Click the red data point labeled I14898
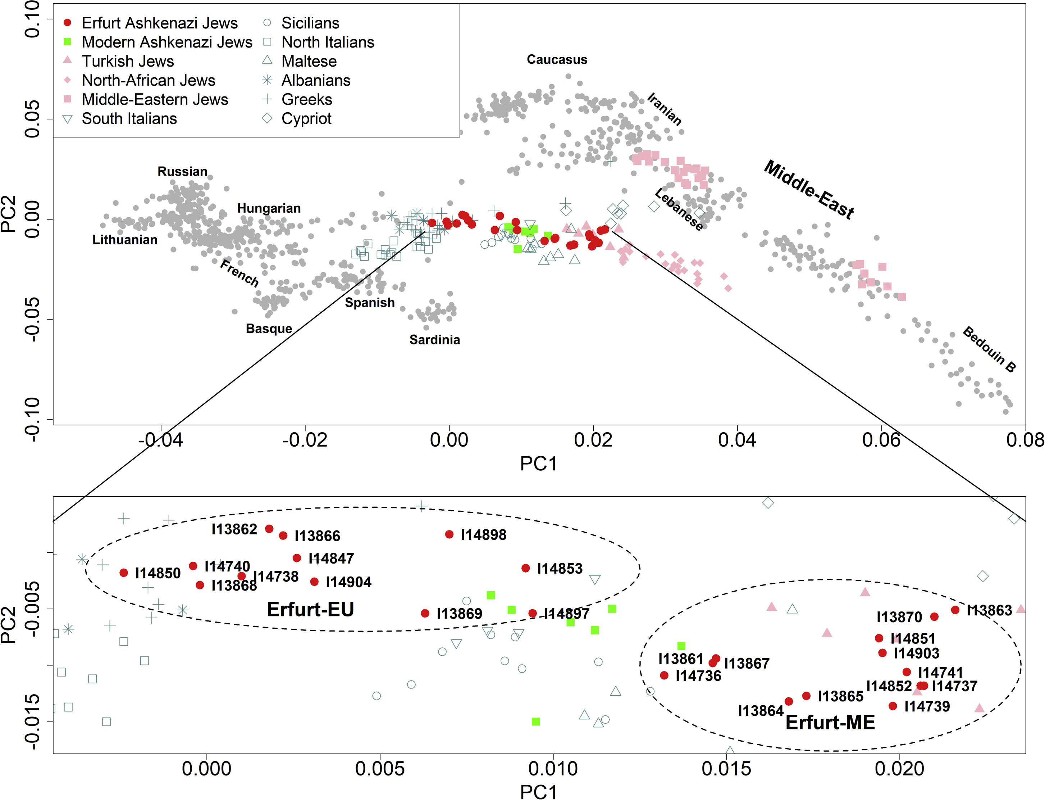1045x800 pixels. click(449, 534)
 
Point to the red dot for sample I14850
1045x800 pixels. click(124, 573)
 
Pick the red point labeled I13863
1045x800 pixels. click(955, 610)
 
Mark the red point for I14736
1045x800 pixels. click(664, 675)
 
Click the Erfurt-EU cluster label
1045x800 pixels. click(310, 610)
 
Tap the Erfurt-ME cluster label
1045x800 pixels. click(830, 722)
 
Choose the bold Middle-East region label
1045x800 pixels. click(809, 190)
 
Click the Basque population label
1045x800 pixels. click(269, 329)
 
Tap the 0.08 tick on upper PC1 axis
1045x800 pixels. click(1025, 439)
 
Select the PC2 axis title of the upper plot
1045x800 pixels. click(9, 214)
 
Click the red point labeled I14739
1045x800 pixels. click(893, 706)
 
